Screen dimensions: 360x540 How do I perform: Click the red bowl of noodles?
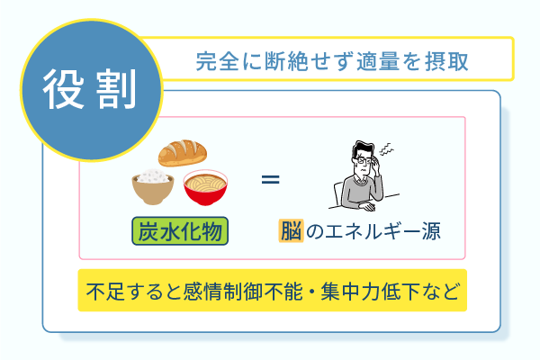pyautogui.click(x=205, y=187)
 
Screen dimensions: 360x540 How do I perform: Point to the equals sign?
pyautogui.click(x=270, y=179)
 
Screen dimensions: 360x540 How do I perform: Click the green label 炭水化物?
pyautogui.click(x=180, y=230)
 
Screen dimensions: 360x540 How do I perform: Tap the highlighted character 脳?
pyautogui.click(x=290, y=230)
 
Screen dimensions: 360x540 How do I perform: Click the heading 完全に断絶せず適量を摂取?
pyautogui.click(x=332, y=62)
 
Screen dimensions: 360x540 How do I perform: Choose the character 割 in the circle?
pyautogui.click(x=111, y=86)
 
